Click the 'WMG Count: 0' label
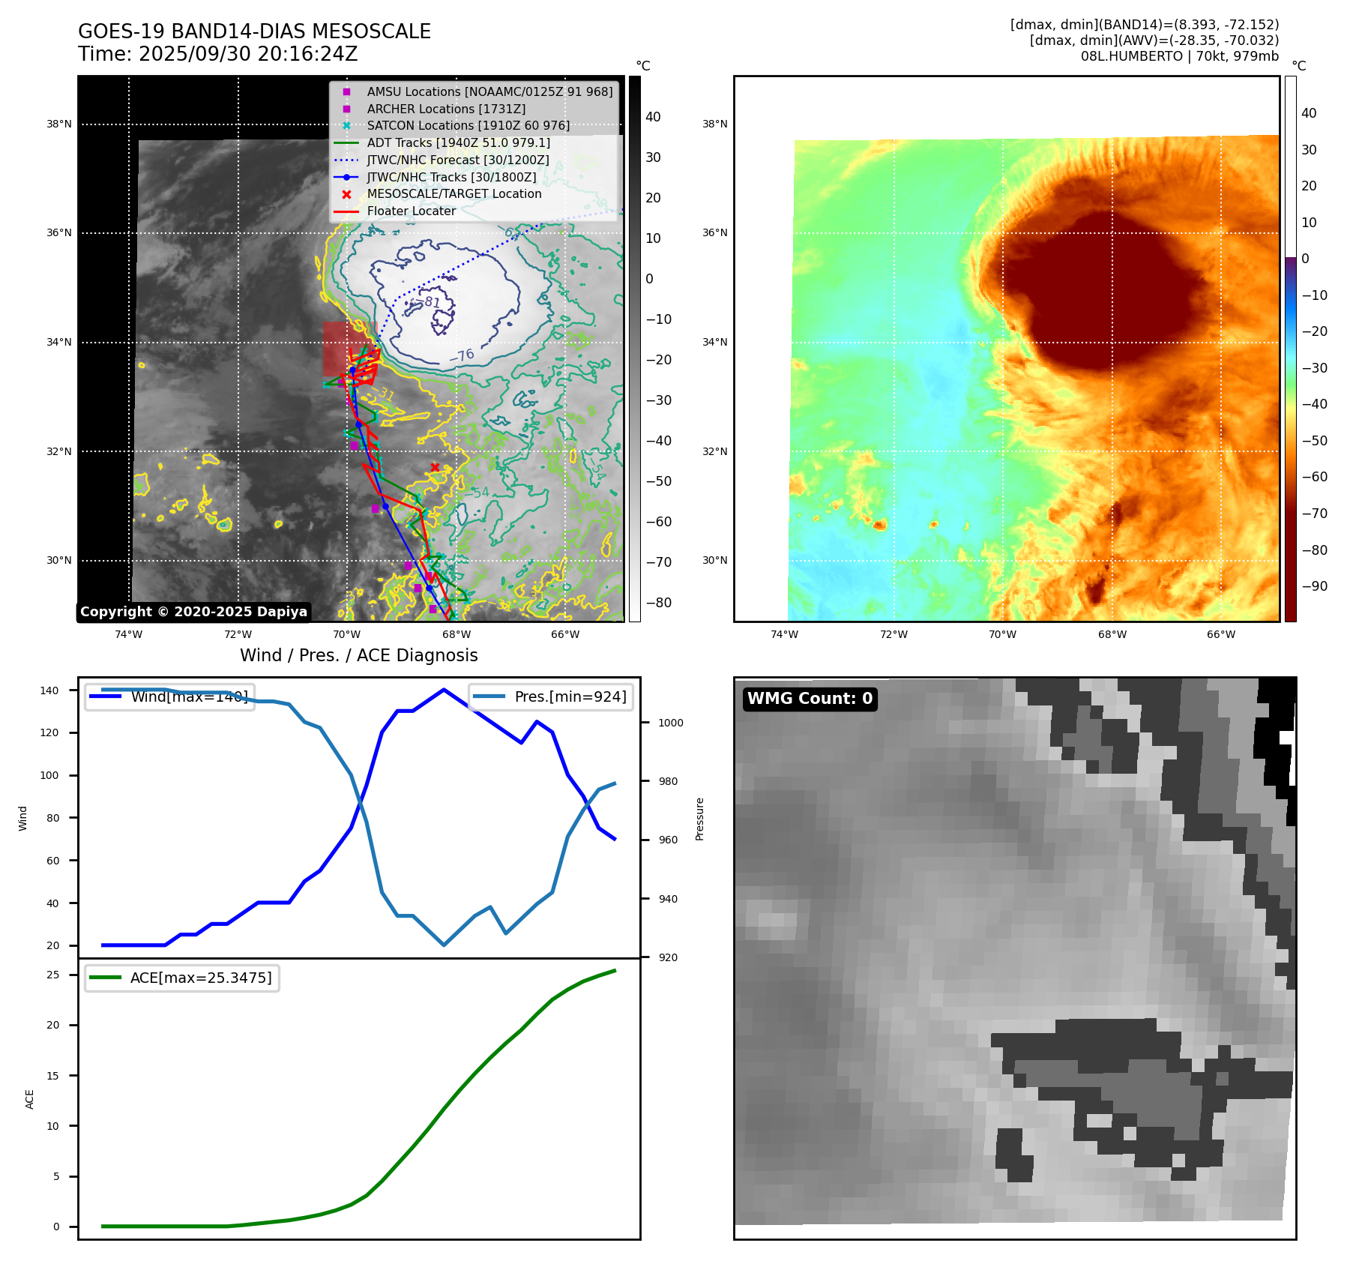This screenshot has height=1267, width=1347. click(810, 699)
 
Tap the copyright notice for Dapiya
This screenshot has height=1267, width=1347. click(193, 612)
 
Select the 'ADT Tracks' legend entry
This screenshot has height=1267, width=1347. click(458, 142)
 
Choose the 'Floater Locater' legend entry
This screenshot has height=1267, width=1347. click(411, 211)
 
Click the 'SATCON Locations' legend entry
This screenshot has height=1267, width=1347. click(468, 125)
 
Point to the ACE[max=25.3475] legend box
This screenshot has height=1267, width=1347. click(182, 978)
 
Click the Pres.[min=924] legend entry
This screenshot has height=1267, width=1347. click(552, 696)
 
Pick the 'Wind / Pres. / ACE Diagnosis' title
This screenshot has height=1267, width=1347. click(358, 655)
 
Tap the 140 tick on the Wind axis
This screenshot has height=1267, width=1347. click(49, 690)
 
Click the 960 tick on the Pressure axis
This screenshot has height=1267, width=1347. click(667, 840)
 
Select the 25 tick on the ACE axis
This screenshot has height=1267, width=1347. click(53, 975)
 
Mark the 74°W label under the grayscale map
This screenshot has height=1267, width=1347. click(128, 634)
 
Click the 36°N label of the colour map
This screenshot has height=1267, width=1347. click(714, 232)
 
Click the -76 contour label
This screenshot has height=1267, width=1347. click(462, 355)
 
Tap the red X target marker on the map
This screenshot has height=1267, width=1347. click(435, 467)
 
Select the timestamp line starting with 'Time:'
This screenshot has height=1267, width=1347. click(217, 55)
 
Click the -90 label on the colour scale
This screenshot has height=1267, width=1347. click(1314, 586)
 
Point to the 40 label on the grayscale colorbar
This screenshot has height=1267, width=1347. click(653, 117)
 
